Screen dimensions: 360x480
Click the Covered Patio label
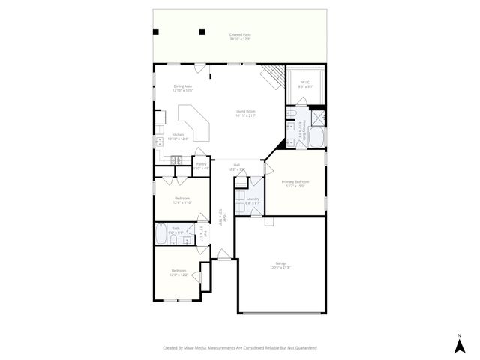coord(240,37)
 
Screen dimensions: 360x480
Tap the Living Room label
coord(245,114)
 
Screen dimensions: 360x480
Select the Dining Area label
coord(183,88)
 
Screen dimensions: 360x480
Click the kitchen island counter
coord(197,124)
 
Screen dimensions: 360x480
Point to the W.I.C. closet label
coord(305,84)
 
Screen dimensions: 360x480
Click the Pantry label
coord(201,166)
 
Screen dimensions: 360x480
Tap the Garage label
coord(281,265)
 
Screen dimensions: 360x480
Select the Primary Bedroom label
coord(295,184)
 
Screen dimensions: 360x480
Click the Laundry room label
coord(253,200)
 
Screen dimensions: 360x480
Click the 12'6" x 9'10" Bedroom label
coord(182,200)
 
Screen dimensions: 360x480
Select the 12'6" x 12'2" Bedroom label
coord(178,271)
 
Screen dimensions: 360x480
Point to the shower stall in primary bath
coord(319,118)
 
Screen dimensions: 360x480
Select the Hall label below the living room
coord(236,166)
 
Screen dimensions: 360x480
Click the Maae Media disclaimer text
coord(240,347)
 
